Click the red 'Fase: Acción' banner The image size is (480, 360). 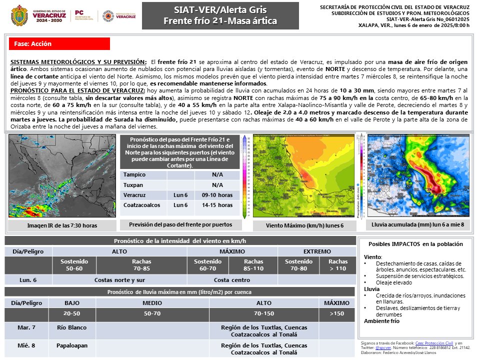pos(59,44)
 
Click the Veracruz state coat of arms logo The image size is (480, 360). pos(19,15)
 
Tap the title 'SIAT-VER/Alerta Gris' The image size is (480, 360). pos(220,10)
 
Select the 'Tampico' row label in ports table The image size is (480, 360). pos(134,174)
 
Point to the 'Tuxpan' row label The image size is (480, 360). pos(133,185)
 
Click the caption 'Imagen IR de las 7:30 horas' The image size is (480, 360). pos(62,225)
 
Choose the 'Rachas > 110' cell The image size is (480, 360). pos(338,265)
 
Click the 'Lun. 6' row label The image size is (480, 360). pos(28,280)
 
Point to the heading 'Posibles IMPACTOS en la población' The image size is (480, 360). pos(415,244)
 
